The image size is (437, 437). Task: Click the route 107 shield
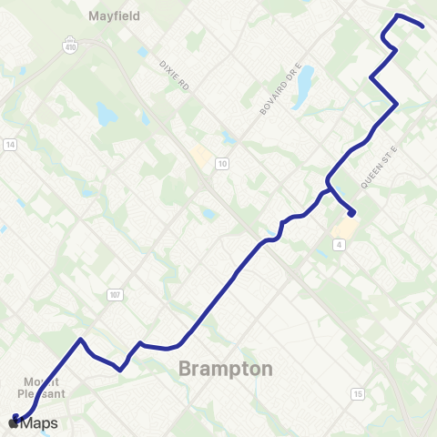114,294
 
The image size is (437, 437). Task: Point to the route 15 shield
357,394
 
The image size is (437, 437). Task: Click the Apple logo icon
13,422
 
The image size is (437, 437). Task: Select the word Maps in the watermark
39,423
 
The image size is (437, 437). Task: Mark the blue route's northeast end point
424,26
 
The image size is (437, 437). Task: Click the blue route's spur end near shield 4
351,215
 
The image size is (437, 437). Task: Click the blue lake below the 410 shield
106,116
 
